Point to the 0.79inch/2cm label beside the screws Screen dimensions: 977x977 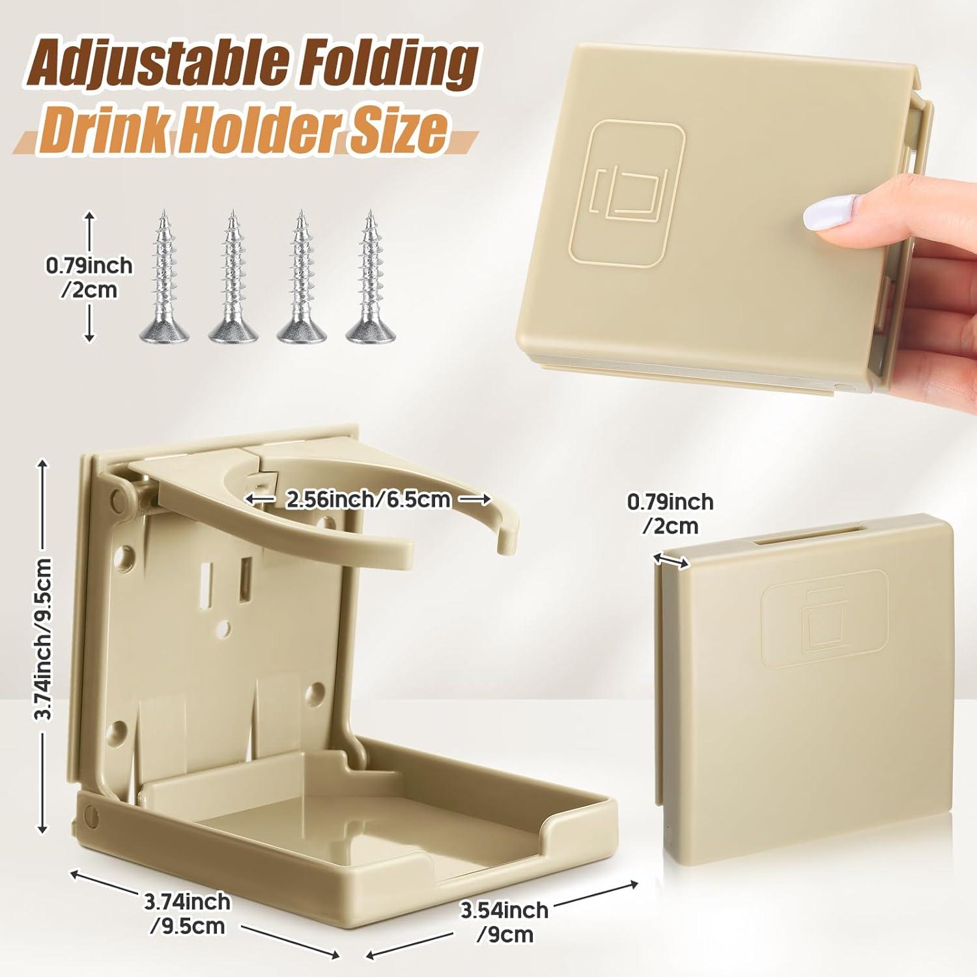coord(89,277)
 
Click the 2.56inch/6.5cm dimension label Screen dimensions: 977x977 coord(367,500)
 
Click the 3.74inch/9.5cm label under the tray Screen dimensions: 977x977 coord(188,913)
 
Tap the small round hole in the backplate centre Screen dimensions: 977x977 coord(225,627)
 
